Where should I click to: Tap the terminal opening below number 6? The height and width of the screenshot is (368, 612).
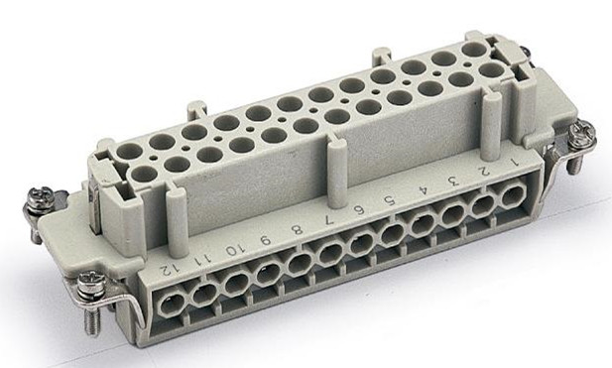[361, 243]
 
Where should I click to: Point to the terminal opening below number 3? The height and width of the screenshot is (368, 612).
[452, 213]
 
